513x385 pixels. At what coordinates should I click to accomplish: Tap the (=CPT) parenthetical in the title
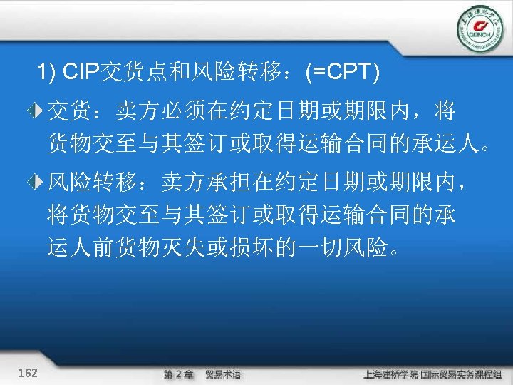click(x=342, y=72)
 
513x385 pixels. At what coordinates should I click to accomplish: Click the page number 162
click(x=29, y=373)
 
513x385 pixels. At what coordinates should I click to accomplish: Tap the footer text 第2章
click(x=178, y=374)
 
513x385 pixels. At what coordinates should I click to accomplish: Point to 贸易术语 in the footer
click(x=223, y=374)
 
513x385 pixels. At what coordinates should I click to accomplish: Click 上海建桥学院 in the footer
click(x=390, y=374)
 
